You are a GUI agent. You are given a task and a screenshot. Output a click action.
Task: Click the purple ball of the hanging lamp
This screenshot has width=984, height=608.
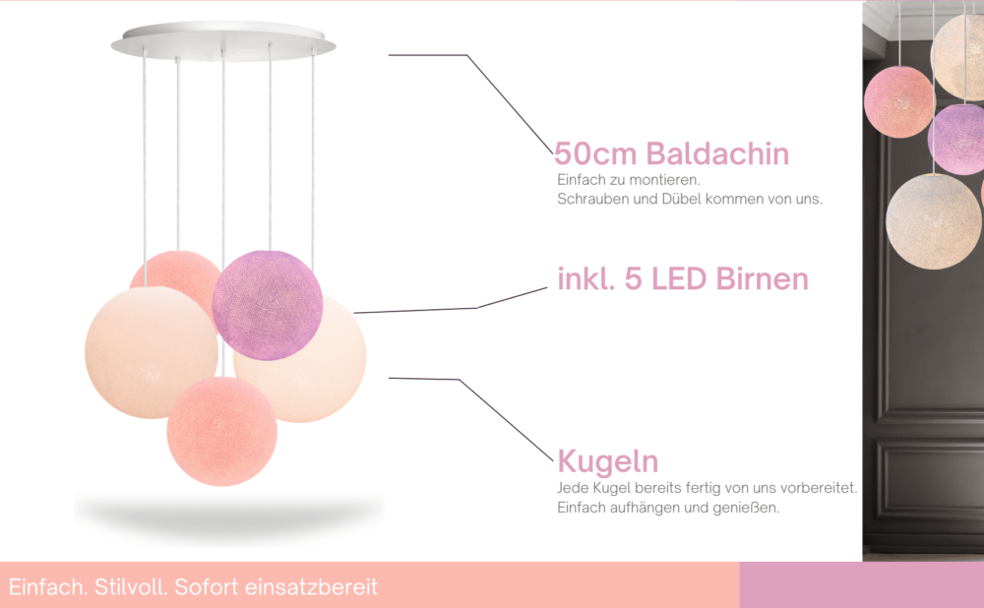click(267, 305)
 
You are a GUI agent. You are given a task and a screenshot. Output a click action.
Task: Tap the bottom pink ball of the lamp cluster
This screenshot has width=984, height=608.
click(222, 431)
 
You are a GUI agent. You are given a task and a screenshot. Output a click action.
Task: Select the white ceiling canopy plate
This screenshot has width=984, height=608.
click(223, 41)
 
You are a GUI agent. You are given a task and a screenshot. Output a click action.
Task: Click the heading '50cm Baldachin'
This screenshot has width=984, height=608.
click(671, 153)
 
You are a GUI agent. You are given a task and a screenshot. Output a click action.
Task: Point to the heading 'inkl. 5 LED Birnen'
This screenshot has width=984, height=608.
click(683, 278)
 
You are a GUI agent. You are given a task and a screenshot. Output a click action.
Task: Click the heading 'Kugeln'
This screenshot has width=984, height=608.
click(607, 461)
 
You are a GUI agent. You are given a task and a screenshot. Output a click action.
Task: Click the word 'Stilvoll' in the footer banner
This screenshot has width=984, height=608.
click(131, 587)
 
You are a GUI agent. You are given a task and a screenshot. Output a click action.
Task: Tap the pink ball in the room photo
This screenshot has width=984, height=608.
click(898, 102)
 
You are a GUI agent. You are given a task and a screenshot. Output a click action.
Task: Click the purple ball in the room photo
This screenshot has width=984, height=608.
click(956, 139)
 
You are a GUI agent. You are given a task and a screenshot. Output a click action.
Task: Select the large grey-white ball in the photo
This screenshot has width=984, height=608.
click(934, 221)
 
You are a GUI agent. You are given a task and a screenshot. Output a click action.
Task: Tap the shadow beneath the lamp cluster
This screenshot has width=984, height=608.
click(229, 515)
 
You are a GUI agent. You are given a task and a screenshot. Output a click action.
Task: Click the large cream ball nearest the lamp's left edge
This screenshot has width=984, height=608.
click(152, 352)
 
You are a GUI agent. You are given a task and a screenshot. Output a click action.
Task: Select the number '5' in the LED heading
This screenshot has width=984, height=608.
click(633, 279)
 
